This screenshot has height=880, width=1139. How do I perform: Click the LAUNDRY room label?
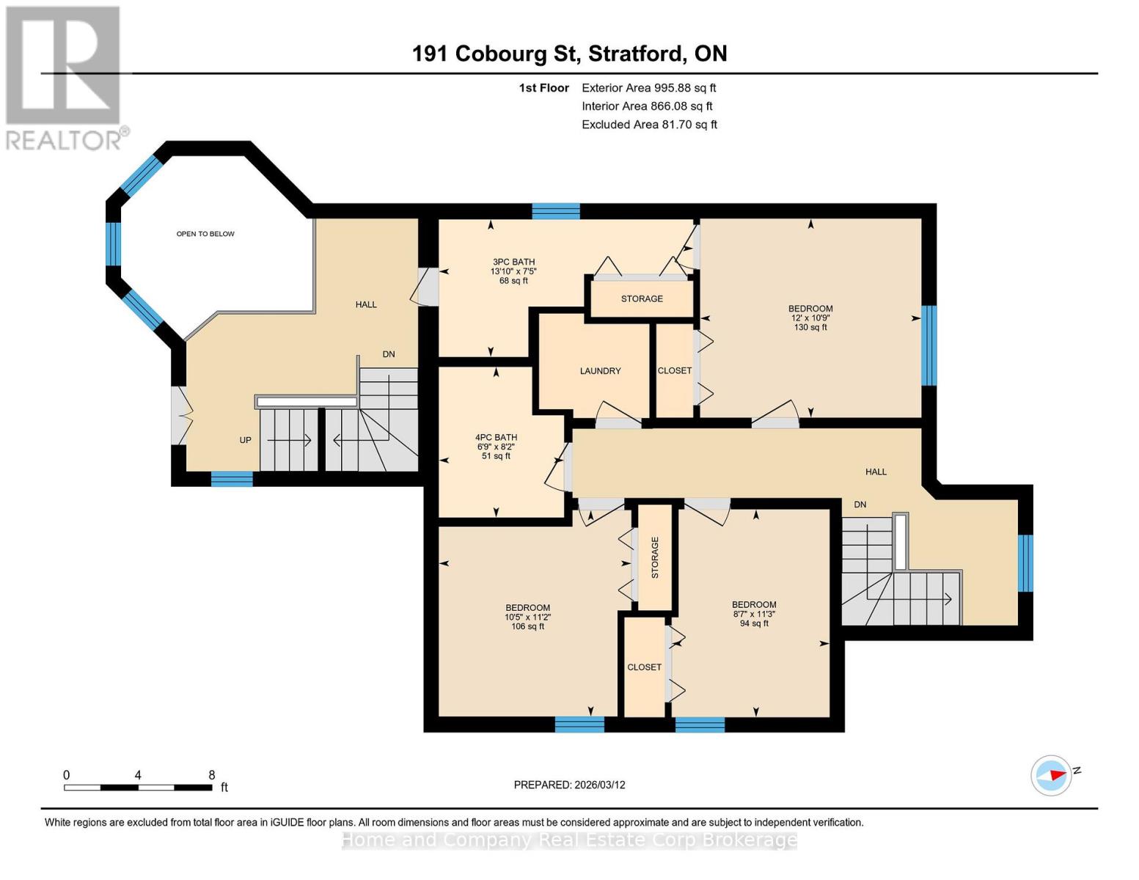(600, 371)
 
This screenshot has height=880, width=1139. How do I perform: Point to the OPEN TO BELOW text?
(205, 234)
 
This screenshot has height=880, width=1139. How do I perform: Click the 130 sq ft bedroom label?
(810, 318)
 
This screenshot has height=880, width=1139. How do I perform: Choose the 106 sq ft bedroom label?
(527, 617)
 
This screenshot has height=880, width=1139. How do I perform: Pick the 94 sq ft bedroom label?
(754, 614)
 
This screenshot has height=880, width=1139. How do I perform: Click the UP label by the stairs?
(245, 440)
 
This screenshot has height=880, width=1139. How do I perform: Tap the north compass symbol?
(1052, 775)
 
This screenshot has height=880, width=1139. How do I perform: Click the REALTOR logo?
(65, 77)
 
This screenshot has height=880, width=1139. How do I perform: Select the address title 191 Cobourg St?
(569, 54)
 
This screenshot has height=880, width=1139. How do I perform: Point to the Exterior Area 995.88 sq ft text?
(648, 88)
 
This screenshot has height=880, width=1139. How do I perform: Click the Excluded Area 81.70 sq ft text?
(649, 125)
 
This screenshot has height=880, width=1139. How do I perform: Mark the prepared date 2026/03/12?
(569, 785)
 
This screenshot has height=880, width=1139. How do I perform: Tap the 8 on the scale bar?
(212, 775)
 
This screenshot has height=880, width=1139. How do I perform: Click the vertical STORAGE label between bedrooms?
(655, 557)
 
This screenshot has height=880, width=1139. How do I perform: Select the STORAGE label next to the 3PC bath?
(642, 299)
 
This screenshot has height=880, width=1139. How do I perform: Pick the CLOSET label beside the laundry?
(674, 371)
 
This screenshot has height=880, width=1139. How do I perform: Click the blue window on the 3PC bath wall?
(555, 212)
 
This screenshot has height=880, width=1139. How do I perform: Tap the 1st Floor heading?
(543, 88)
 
